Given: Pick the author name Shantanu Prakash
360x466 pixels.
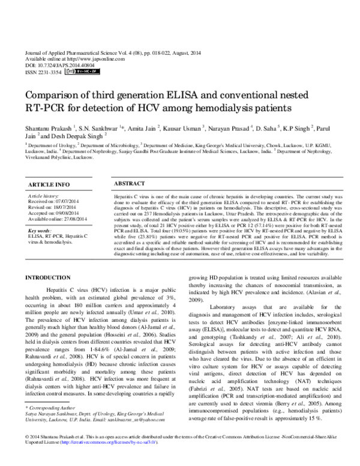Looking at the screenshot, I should [47, 128].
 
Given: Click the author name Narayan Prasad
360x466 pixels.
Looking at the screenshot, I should [228, 128].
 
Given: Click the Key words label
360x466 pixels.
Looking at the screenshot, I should [40, 231].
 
